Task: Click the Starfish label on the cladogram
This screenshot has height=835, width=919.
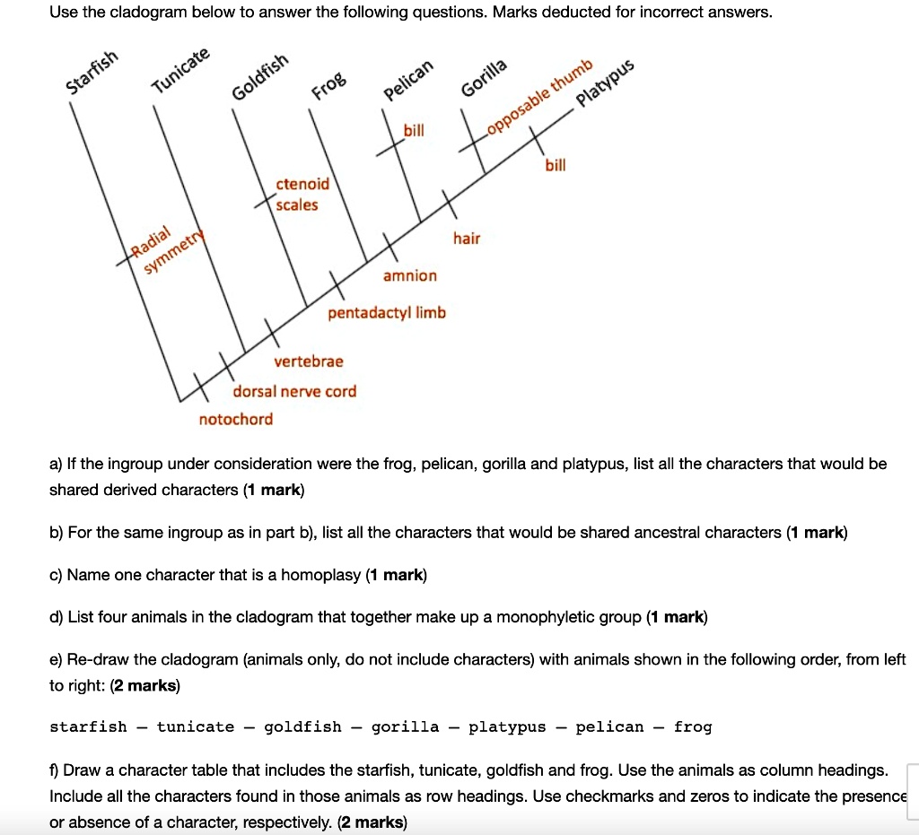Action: point(92,74)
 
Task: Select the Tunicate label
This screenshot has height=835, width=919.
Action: point(180,71)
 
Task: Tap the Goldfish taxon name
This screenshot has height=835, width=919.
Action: point(261,79)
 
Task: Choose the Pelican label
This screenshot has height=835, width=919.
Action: point(408,83)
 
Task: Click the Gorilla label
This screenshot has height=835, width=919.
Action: point(485,79)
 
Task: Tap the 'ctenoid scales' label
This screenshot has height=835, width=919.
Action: point(302,195)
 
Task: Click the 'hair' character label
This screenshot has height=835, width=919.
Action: point(467,239)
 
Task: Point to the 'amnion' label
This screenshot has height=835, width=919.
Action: point(410,275)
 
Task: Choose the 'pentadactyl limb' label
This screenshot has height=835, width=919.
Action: point(387,313)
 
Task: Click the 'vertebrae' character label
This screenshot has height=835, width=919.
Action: point(309,361)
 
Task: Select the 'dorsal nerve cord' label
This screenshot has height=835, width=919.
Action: point(294,391)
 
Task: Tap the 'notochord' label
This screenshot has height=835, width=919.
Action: point(236,419)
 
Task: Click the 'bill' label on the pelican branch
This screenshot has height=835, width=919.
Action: point(414,131)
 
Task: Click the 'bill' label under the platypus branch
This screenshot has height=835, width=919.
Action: point(556,166)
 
